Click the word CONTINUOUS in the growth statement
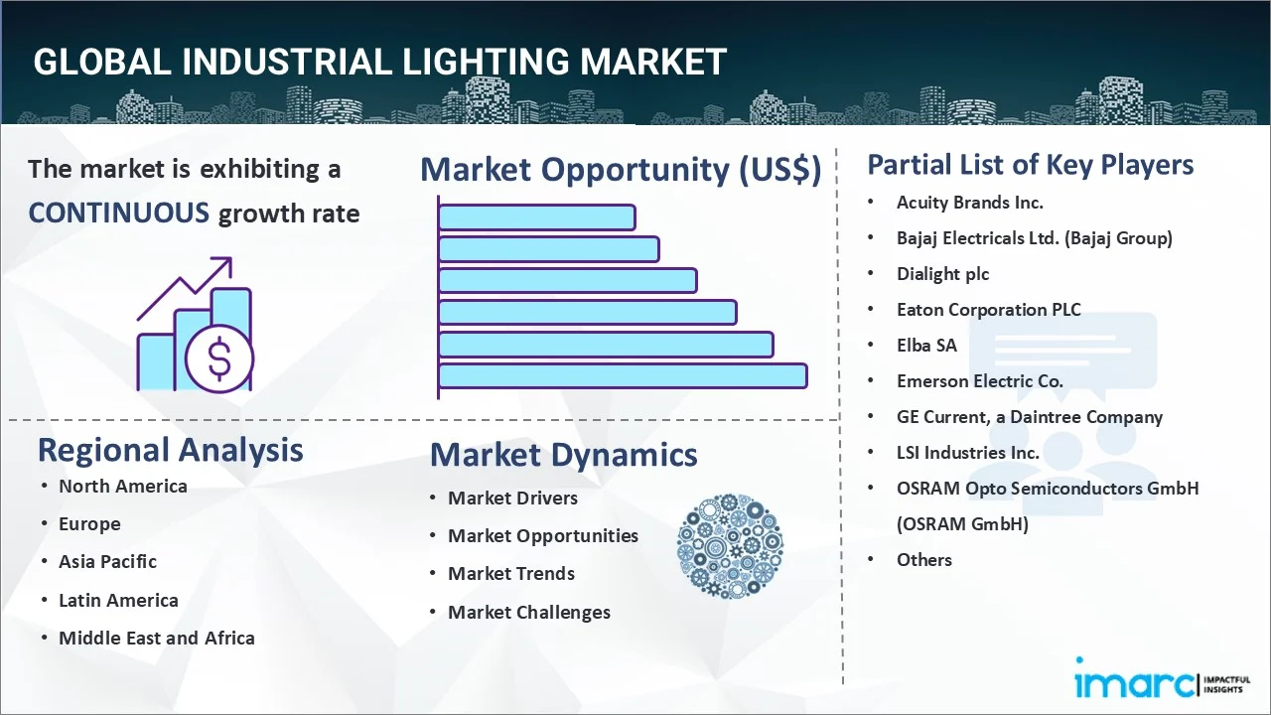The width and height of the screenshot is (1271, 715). click(x=119, y=214)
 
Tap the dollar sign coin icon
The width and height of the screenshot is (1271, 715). click(x=219, y=359)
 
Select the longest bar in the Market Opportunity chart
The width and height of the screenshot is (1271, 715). click(x=623, y=376)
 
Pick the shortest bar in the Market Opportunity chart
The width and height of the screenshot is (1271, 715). click(x=537, y=217)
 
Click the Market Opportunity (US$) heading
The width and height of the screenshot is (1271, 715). click(x=621, y=169)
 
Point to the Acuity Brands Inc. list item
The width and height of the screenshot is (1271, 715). click(x=970, y=203)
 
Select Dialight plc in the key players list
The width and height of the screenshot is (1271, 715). click(x=942, y=274)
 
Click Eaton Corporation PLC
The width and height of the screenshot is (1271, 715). click(x=988, y=310)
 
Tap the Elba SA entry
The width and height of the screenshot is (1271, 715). click(x=926, y=346)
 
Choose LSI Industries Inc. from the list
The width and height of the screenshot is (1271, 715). click(x=967, y=453)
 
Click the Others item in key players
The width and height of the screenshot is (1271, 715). click(x=923, y=560)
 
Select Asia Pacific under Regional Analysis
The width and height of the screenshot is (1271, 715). click(x=108, y=562)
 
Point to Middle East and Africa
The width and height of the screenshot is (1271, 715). click(x=157, y=638)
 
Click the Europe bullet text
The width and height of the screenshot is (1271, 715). click(x=89, y=523)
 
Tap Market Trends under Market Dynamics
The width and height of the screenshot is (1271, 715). click(x=511, y=574)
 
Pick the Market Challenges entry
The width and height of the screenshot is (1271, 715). click(x=529, y=613)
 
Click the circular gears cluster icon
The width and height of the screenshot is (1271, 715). click(x=730, y=546)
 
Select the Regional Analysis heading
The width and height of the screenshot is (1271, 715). click(x=170, y=450)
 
